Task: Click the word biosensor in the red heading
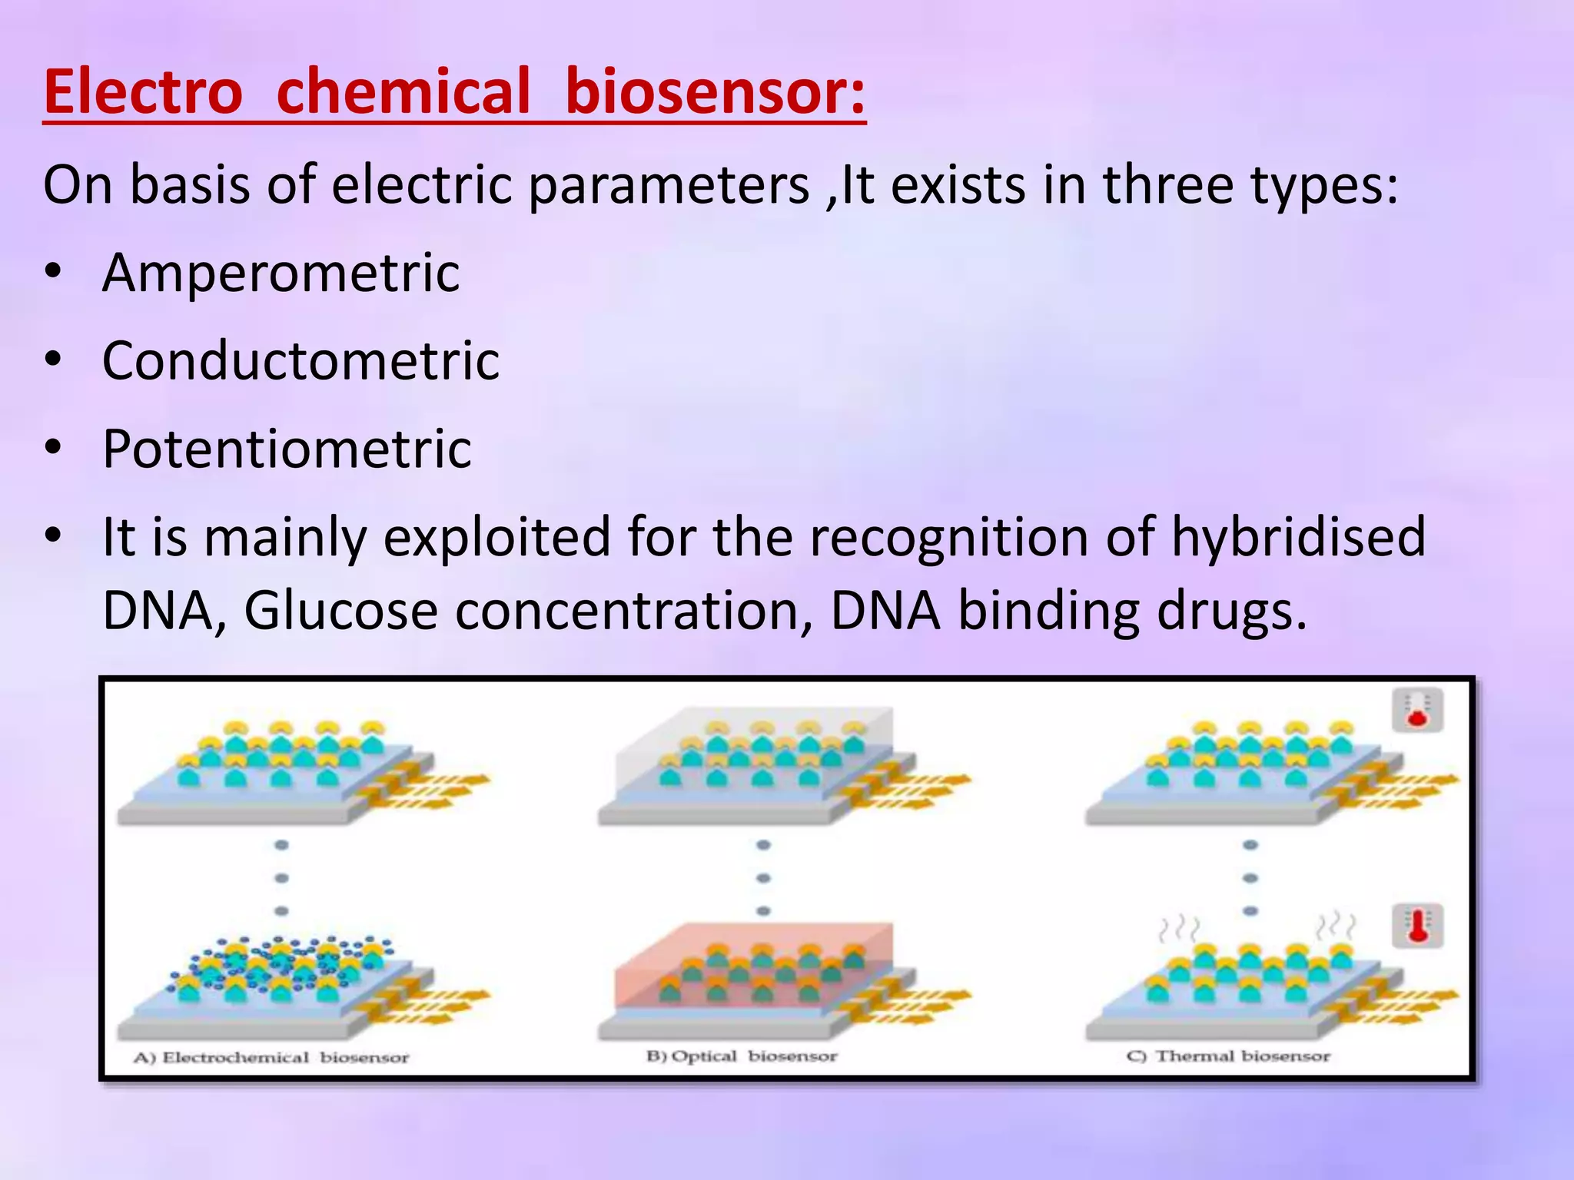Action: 715,92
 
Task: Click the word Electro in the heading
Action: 143,92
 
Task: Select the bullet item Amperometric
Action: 281,273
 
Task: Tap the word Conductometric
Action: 301,360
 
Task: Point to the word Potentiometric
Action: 287,449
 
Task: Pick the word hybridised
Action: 1298,537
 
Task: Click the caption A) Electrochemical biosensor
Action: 271,1058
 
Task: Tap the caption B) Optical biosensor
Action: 742,1056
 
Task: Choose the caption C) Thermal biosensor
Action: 1227,1056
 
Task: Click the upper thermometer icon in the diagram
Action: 1417,710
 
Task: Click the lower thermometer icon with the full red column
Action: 1417,926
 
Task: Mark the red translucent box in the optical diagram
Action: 753,964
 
